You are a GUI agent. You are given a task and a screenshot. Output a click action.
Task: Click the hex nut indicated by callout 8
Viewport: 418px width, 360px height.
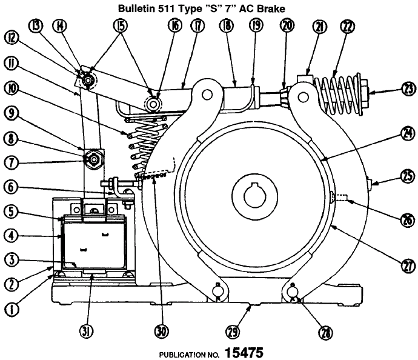coord(94,159)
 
